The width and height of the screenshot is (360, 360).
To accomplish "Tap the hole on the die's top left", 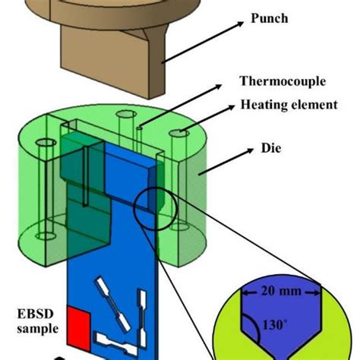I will pyautogui.click(x=44, y=144).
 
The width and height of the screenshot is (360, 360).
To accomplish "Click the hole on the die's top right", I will pyautogui.click(x=180, y=133).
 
